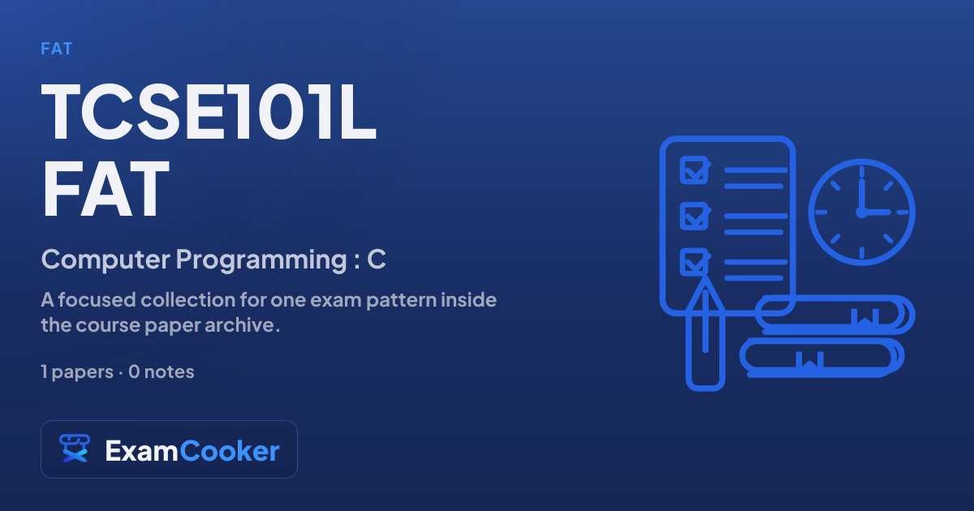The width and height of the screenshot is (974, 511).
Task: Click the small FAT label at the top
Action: (x=57, y=49)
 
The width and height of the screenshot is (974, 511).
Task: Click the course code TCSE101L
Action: (x=209, y=111)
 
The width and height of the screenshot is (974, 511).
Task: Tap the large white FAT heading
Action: (x=106, y=188)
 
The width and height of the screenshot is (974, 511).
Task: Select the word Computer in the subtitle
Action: (x=106, y=260)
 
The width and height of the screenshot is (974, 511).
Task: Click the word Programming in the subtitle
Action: (x=261, y=260)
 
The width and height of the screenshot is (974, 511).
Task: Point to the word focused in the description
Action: (x=97, y=300)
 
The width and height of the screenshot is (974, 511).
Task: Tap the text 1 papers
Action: (x=77, y=372)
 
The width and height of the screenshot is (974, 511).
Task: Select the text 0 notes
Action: (x=162, y=372)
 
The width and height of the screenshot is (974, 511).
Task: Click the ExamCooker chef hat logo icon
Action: (x=75, y=449)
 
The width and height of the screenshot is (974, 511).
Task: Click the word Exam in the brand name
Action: (x=141, y=451)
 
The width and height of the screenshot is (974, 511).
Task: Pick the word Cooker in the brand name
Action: (x=230, y=451)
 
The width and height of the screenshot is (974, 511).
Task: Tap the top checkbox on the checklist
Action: (x=695, y=170)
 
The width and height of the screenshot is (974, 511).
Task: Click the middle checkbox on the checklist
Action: (x=695, y=216)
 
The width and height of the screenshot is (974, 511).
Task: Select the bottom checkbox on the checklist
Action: (x=695, y=262)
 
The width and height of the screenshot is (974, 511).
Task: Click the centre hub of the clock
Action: (x=861, y=212)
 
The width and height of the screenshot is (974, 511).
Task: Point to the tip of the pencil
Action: (x=705, y=277)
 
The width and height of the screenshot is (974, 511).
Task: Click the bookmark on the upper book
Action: (x=865, y=317)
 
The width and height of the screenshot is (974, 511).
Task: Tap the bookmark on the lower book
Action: (x=810, y=360)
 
